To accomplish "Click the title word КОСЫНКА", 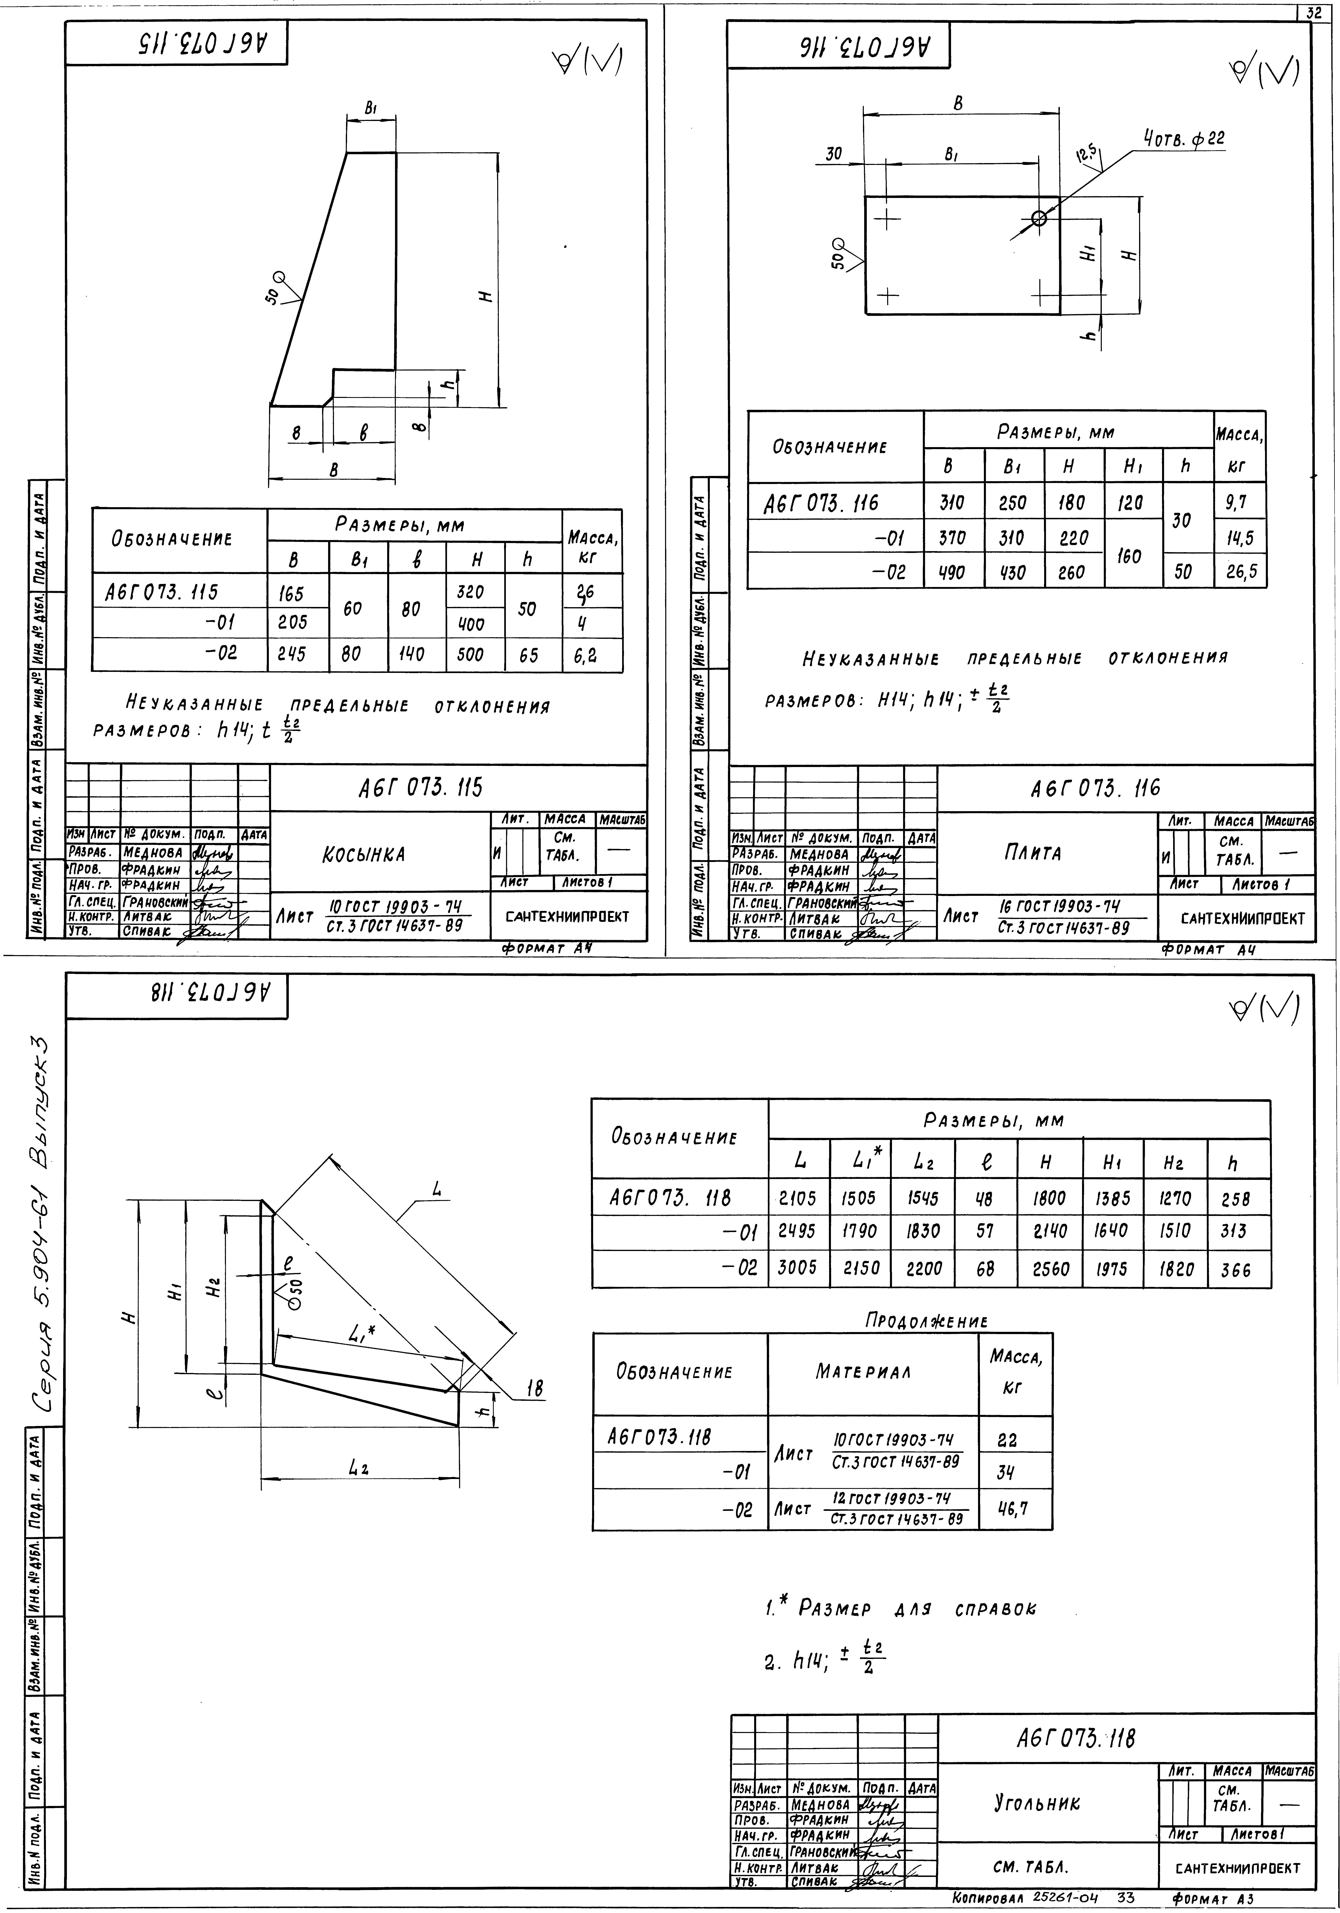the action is click(x=363, y=855).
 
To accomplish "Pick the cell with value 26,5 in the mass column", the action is click(x=1240, y=572).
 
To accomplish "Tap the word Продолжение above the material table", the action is click(x=926, y=1321).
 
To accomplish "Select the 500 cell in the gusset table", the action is click(x=471, y=655).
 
